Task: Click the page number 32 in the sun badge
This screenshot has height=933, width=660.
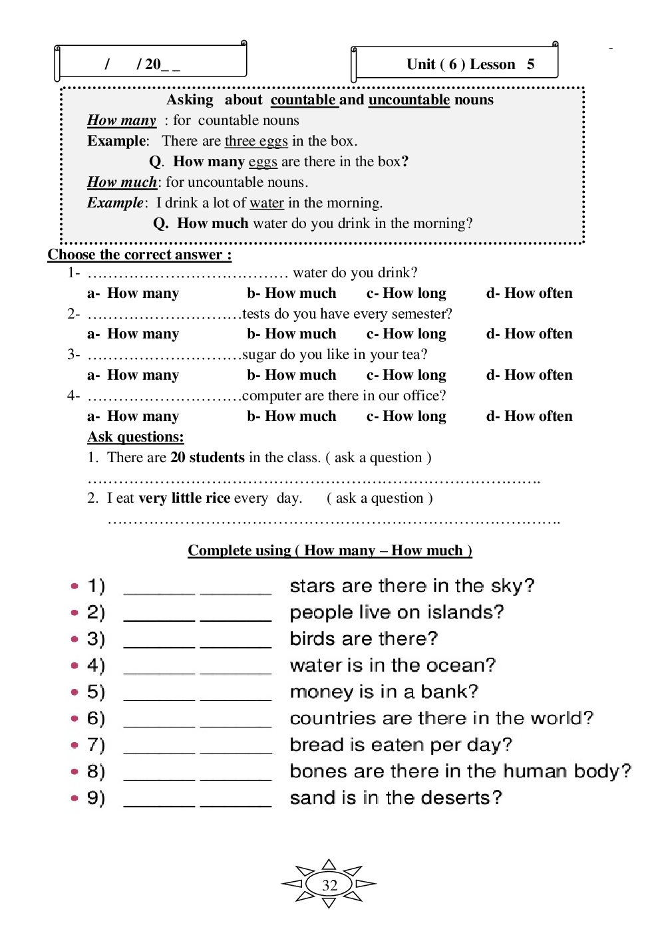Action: [x=329, y=885]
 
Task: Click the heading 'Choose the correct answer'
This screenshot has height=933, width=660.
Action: [x=139, y=255]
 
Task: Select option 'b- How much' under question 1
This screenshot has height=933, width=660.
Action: [x=291, y=293]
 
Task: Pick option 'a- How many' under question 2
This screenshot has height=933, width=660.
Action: [x=133, y=334]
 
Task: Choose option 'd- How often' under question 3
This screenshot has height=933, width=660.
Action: [x=529, y=375]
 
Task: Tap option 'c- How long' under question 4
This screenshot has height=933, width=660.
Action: [x=406, y=416]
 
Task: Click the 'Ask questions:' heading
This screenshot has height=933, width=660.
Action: [x=136, y=437]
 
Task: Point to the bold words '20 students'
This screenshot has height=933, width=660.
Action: [x=208, y=458]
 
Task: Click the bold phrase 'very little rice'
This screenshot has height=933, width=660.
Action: [x=184, y=498]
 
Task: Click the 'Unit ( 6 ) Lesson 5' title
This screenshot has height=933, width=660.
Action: [x=470, y=65]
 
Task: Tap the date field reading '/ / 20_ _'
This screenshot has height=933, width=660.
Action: [x=142, y=65]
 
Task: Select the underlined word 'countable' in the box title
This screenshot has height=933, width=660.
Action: [x=303, y=100]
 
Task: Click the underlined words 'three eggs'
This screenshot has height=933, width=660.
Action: [x=256, y=141]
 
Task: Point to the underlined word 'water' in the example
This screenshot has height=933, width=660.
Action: [x=267, y=203]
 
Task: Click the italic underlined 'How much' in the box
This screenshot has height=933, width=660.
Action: [x=122, y=182]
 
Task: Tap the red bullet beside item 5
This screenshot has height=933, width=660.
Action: [x=75, y=692]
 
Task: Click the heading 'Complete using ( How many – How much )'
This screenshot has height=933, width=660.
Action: [x=329, y=551]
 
